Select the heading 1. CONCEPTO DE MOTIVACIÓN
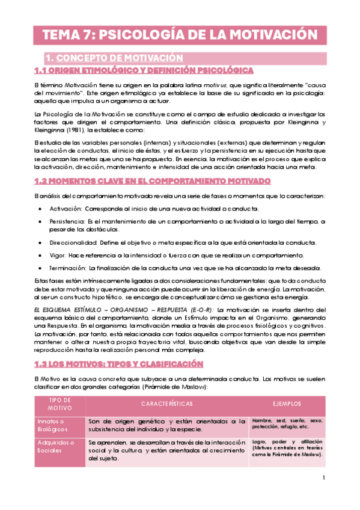114,58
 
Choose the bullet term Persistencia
66,222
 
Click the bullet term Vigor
59,255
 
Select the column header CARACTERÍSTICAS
167,404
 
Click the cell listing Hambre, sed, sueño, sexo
287,423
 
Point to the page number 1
323,479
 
